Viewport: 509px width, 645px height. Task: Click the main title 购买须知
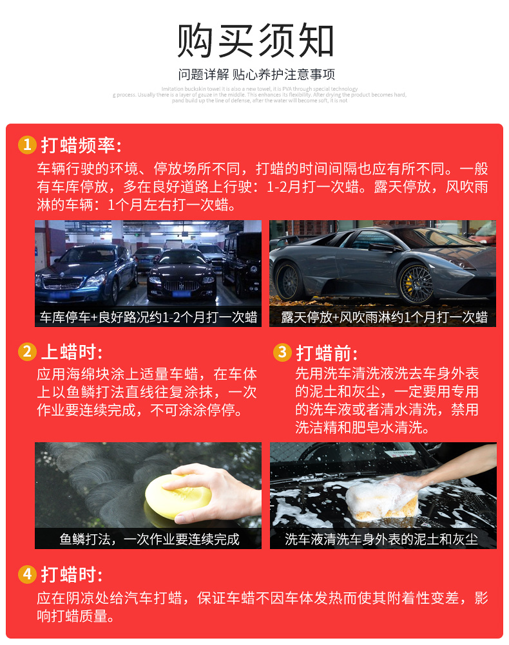pyautogui.click(x=256, y=41)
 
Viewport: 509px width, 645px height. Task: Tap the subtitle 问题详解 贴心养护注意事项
pyautogui.click(x=256, y=74)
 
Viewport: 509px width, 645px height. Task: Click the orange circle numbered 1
pyautogui.click(x=26, y=145)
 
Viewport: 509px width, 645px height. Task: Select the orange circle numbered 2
pyautogui.click(x=26, y=351)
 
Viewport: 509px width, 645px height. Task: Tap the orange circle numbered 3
pyautogui.click(x=282, y=351)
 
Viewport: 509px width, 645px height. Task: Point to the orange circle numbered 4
pyautogui.click(x=26, y=574)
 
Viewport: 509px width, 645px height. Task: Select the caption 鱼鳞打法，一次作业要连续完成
pyautogui.click(x=148, y=539)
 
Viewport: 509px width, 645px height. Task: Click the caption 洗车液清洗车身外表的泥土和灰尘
pyautogui.click(x=383, y=539)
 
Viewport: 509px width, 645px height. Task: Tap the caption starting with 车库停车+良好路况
pyautogui.click(x=148, y=317)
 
